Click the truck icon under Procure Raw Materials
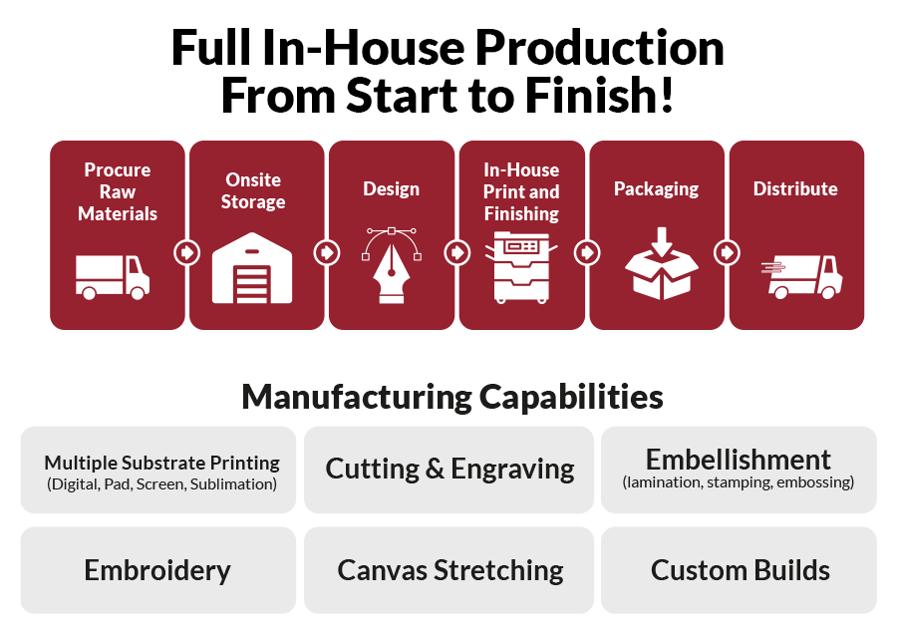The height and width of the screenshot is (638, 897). pos(113,277)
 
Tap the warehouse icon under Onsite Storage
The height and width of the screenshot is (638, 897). pos(252,268)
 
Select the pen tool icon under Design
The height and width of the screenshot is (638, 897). pos(392,265)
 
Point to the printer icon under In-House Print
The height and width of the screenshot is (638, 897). pos(521,267)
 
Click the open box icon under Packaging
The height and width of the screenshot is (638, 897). pos(662,264)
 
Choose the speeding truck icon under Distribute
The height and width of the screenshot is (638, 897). pos(802,277)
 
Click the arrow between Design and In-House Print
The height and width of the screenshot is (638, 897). pos(457,252)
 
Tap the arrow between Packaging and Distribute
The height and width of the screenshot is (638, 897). pos(728,252)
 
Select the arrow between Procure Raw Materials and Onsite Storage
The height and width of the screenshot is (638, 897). pos(187,252)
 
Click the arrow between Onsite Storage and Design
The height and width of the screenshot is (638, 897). pos(327,252)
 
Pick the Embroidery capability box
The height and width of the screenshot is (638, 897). pos(158,570)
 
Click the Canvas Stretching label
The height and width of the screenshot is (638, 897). pos(450,570)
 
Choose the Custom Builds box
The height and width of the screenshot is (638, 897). pos(740,570)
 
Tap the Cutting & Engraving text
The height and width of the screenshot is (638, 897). pos(449,469)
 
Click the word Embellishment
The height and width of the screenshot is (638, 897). pos(738,460)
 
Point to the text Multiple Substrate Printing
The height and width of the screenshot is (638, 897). pos(161,463)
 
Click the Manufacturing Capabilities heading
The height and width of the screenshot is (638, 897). pos(451,397)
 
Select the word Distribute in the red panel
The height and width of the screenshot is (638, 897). pos(795,188)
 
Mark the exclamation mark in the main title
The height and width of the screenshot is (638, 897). pos(666,95)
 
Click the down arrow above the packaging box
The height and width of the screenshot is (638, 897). pos(662,241)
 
